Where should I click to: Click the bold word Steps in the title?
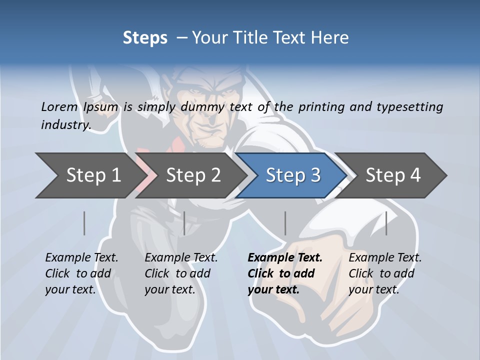tap(145, 38)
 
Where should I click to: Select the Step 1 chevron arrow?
tap(90, 175)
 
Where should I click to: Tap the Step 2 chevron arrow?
tap(192, 175)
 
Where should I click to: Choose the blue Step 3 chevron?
tap(292, 175)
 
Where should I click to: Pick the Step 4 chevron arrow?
tap(392, 175)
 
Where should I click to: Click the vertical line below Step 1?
tap(84, 223)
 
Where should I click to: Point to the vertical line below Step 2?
tap(184, 223)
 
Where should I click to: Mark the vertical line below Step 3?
tap(285, 223)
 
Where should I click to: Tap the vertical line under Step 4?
tap(386, 223)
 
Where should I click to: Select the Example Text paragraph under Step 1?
tap(81, 273)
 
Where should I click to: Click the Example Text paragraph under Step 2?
tap(180, 273)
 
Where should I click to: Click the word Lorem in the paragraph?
tap(59, 107)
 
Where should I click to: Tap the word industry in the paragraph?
tap(65, 125)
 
